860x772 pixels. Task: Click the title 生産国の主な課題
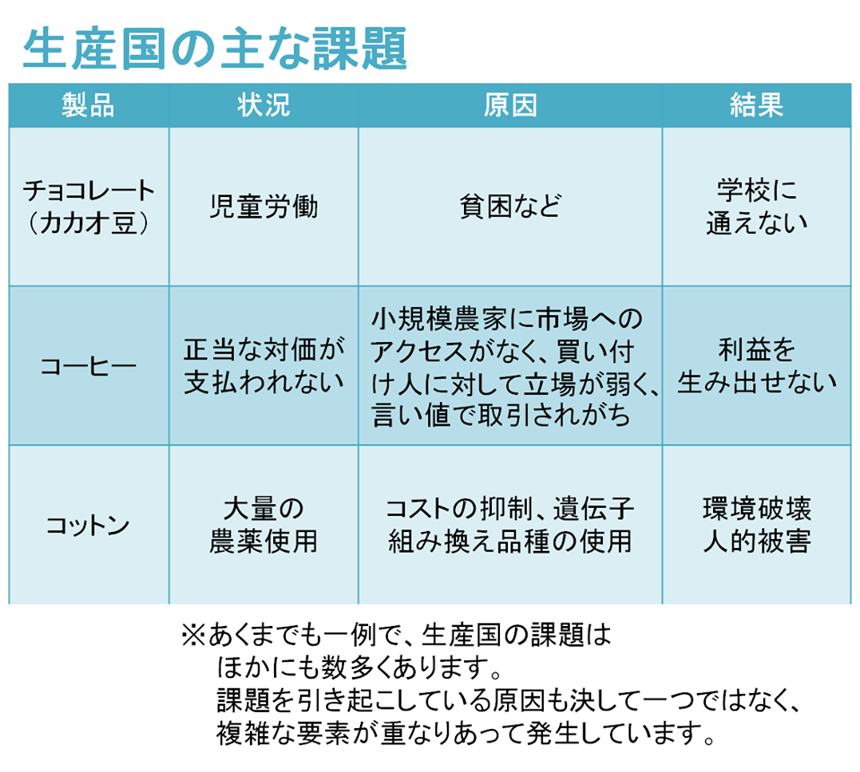pyautogui.click(x=214, y=48)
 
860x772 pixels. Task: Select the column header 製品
pyautogui.click(x=89, y=105)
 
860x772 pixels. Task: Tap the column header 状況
pyautogui.click(x=263, y=105)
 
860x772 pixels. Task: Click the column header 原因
pyautogui.click(x=510, y=105)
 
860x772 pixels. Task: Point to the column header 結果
pyautogui.click(x=756, y=105)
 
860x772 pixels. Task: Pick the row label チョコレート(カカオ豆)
pyautogui.click(x=89, y=207)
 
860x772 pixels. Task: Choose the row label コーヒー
pyautogui.click(x=89, y=365)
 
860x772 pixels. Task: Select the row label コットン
pyautogui.click(x=88, y=525)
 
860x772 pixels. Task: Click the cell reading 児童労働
pyautogui.click(x=263, y=207)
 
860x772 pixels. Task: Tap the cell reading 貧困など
pyautogui.click(x=510, y=207)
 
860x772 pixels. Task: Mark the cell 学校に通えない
pyautogui.click(x=756, y=207)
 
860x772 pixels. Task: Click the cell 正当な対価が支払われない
pyautogui.click(x=263, y=365)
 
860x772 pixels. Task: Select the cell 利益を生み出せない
pyautogui.click(x=757, y=365)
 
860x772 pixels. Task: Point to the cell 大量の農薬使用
pyautogui.click(x=263, y=525)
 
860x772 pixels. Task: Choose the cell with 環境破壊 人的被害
pyautogui.click(x=757, y=525)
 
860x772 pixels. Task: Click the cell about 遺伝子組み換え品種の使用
pyautogui.click(x=510, y=525)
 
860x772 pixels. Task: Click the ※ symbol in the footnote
pyautogui.click(x=193, y=636)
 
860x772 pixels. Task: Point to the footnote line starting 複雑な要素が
pyautogui.click(x=465, y=733)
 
